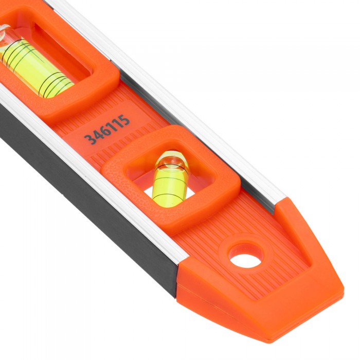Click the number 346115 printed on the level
click(107, 130)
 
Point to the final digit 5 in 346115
click(124, 120)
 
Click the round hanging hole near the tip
click(245, 257)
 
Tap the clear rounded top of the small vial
click(172, 158)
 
